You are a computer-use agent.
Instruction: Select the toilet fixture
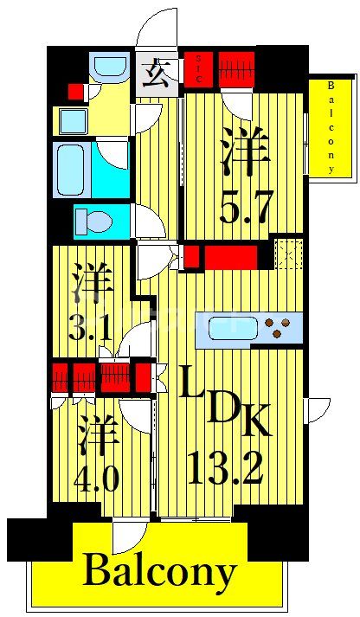(x=93, y=222)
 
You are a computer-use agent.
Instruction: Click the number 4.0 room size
(x=98, y=479)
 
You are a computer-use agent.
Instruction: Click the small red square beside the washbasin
(x=76, y=91)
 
